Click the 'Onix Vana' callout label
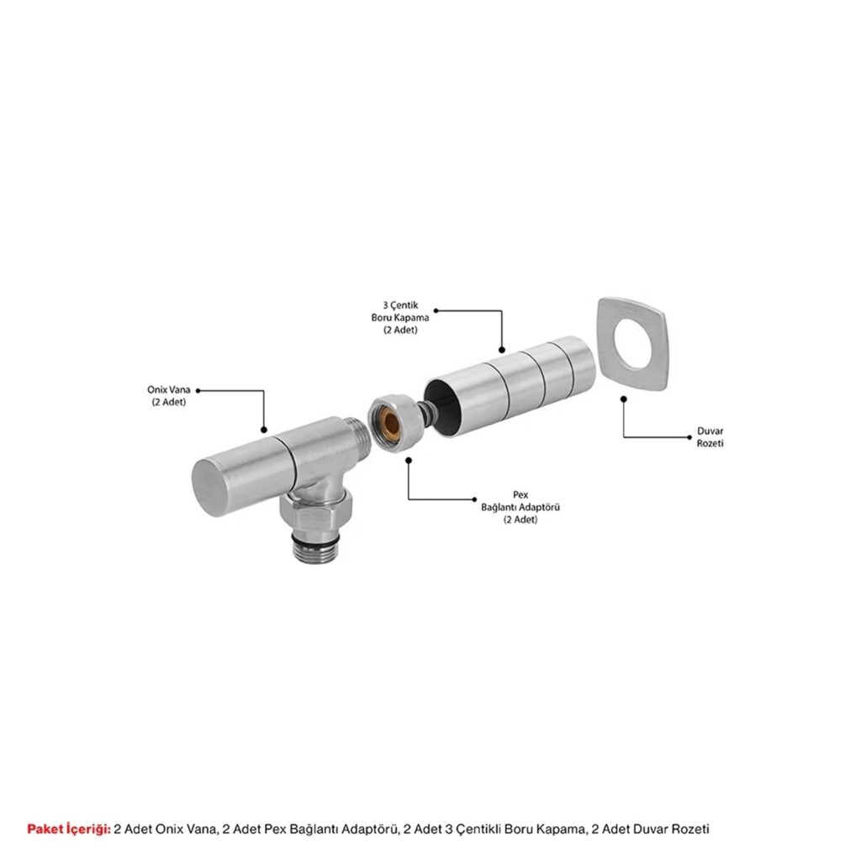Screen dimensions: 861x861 click(168, 395)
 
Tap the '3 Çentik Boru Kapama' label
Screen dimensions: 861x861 click(400, 317)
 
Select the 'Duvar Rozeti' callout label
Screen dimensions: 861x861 click(710, 437)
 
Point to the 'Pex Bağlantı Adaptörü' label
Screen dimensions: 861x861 click(520, 507)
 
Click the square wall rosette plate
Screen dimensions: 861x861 click(631, 345)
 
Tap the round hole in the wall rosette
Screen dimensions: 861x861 click(634, 344)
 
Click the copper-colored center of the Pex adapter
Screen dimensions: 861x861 click(390, 420)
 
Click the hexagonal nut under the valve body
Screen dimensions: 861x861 click(304, 511)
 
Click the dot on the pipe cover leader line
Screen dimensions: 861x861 click(501, 350)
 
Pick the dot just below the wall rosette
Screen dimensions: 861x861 click(623, 399)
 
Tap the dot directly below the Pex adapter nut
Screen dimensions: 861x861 click(408, 460)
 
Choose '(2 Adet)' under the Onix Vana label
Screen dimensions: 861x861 click(168, 402)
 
